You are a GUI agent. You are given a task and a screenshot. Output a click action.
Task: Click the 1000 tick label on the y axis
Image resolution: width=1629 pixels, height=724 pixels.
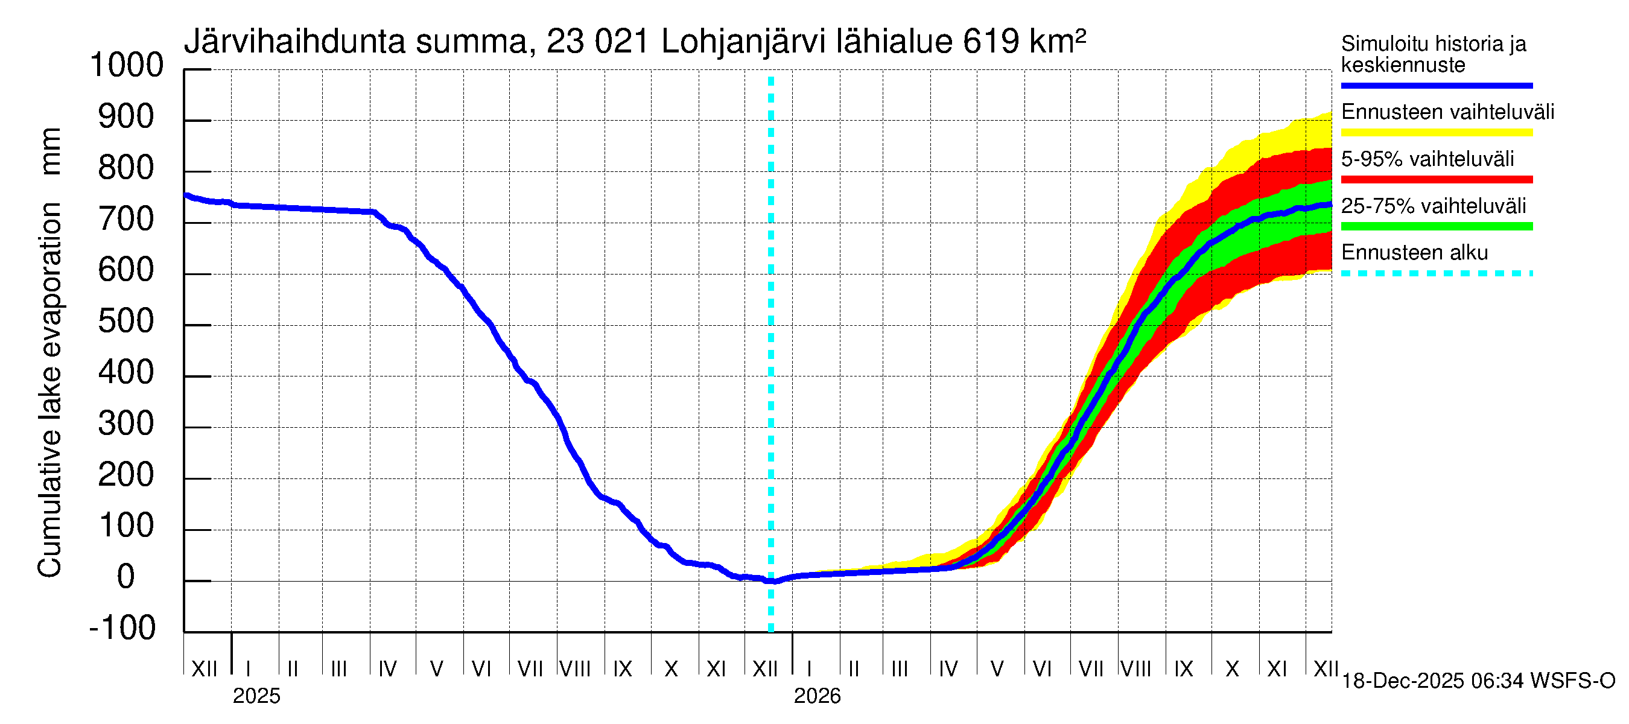tap(127, 65)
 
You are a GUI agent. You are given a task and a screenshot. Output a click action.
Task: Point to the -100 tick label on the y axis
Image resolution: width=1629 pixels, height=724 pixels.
tap(122, 628)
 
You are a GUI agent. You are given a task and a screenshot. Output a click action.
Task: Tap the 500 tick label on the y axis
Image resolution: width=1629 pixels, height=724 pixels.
tap(126, 321)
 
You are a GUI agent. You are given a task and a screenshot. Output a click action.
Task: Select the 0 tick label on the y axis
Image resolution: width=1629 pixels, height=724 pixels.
tap(126, 577)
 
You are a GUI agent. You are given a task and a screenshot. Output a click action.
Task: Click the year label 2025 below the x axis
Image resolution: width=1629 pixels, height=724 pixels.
tap(256, 696)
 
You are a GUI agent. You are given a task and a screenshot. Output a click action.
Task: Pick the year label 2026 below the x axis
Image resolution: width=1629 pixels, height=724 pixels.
tap(817, 696)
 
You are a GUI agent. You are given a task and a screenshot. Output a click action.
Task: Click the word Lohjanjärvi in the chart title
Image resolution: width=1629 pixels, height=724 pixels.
tap(743, 42)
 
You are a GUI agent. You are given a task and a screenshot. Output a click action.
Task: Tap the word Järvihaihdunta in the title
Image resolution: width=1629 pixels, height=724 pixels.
tap(294, 42)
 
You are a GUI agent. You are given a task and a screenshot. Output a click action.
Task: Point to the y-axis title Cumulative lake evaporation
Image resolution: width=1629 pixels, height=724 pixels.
tap(50, 390)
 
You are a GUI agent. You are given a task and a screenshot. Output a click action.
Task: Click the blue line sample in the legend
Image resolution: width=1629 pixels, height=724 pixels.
tap(1436, 85)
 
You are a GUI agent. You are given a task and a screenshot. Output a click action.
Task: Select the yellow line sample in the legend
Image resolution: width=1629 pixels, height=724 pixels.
tap(1436, 133)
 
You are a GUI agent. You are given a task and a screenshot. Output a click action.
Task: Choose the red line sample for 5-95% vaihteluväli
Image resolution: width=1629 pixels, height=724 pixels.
tap(1436, 180)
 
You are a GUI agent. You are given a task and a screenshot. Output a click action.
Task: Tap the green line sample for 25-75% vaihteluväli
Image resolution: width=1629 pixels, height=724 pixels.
tap(1436, 226)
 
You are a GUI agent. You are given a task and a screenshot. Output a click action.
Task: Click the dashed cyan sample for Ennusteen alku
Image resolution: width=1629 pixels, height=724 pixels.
tap(1436, 274)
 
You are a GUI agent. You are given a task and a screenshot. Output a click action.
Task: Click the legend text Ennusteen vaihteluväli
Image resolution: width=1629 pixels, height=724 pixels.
tap(1447, 113)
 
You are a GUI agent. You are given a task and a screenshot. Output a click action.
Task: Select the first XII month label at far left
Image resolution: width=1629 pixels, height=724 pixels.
tap(204, 669)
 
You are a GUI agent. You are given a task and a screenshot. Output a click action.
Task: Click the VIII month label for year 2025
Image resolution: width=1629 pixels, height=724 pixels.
tap(576, 669)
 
